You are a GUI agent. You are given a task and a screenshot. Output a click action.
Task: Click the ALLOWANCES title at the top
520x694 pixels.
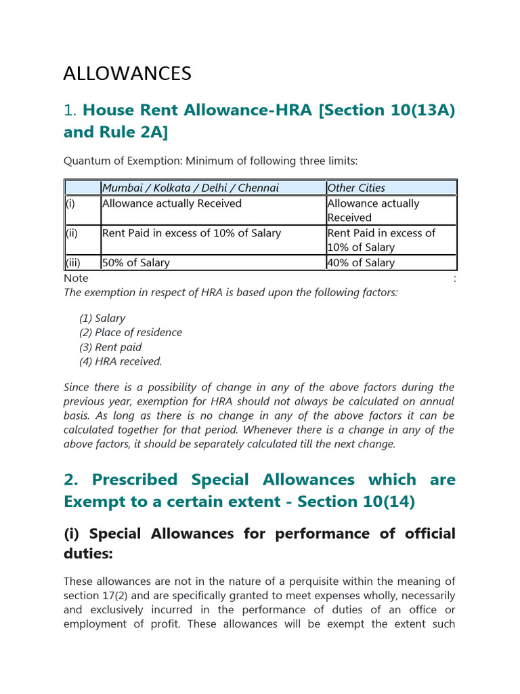(127, 73)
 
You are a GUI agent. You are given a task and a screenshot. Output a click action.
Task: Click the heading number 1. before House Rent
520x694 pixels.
(70, 110)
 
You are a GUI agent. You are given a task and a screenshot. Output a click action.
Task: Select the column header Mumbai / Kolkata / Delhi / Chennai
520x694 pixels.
(190, 188)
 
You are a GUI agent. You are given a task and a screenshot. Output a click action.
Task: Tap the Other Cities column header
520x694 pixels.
(356, 188)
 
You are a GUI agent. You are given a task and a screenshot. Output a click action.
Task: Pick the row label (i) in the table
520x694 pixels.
(70, 203)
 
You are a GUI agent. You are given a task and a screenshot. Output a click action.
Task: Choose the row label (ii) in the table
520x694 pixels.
(71, 233)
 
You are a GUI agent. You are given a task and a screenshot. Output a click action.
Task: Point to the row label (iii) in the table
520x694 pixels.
(72, 263)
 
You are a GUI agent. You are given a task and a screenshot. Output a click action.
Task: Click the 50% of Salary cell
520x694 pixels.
(135, 263)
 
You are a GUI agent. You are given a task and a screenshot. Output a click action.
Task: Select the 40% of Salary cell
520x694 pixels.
(360, 263)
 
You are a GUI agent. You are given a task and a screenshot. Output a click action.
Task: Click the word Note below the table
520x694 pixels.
(76, 278)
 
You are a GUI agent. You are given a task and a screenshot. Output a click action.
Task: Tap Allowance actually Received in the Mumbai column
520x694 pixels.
(171, 203)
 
